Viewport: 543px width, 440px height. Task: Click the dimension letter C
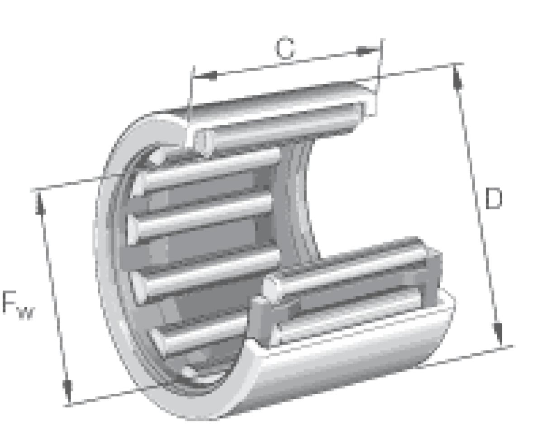pyautogui.click(x=285, y=48)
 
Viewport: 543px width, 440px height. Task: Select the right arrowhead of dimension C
pyautogui.click(x=367, y=51)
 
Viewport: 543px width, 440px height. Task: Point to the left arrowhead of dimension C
pyautogui.click(x=206, y=75)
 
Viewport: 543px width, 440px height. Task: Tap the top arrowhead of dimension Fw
pyautogui.click(x=40, y=203)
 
